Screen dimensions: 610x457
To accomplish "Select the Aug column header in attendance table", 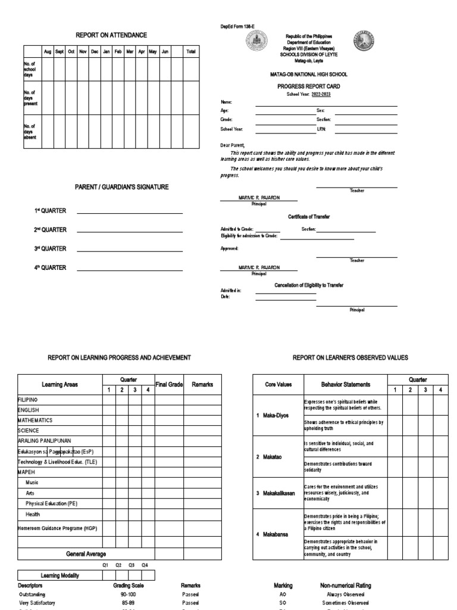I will (x=48, y=52).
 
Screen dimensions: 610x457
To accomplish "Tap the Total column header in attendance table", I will (x=190, y=52).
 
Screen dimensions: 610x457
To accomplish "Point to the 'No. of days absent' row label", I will (x=30, y=132).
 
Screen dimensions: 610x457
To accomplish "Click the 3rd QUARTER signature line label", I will (x=50, y=249).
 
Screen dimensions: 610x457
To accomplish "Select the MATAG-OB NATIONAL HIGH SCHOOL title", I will (x=308, y=74).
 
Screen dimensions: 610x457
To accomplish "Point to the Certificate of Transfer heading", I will (x=309, y=217).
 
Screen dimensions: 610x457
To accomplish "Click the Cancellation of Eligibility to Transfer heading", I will (x=308, y=285).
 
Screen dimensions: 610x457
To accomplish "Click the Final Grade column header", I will (x=170, y=385).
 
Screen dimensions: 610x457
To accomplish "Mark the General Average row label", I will (x=86, y=554).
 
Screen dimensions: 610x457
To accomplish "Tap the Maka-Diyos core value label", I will (x=276, y=415).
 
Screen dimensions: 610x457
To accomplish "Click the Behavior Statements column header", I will (x=346, y=385).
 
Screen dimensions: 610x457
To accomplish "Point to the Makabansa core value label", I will (x=276, y=534).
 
